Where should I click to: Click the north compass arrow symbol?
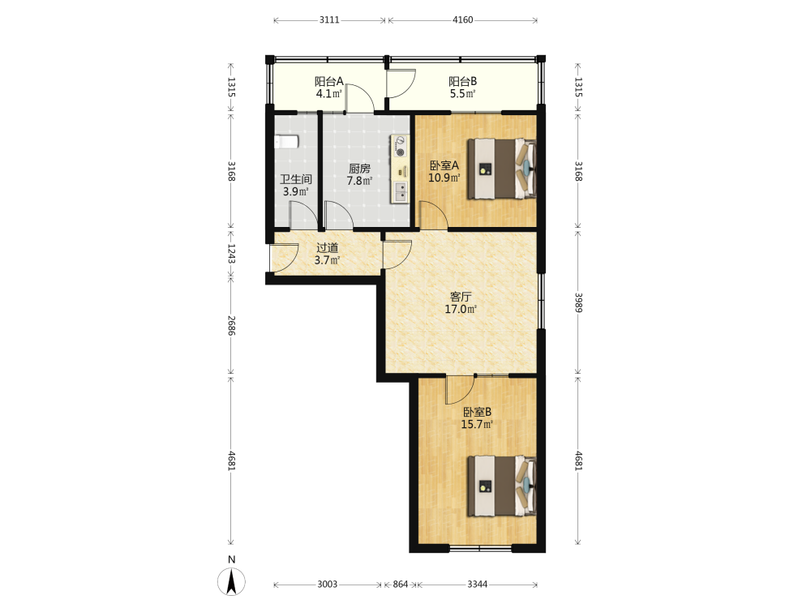(x=231, y=581)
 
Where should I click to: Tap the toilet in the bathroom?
(x=286, y=142)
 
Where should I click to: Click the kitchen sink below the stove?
(x=400, y=192)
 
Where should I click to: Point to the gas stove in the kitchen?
(x=400, y=146)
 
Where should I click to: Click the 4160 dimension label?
(x=462, y=19)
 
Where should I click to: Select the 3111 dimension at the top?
(x=329, y=19)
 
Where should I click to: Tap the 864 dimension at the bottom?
(x=401, y=584)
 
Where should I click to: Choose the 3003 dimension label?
(x=327, y=584)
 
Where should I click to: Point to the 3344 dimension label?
(x=477, y=584)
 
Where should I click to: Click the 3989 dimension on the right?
(x=579, y=302)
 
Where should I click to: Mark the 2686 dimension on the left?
(x=232, y=326)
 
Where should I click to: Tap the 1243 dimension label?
(x=232, y=253)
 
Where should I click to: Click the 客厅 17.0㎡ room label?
(x=461, y=303)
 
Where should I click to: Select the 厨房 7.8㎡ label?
(x=359, y=175)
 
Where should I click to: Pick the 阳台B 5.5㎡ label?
(x=462, y=88)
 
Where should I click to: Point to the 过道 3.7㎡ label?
(x=327, y=254)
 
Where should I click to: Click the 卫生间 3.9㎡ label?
(x=296, y=185)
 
